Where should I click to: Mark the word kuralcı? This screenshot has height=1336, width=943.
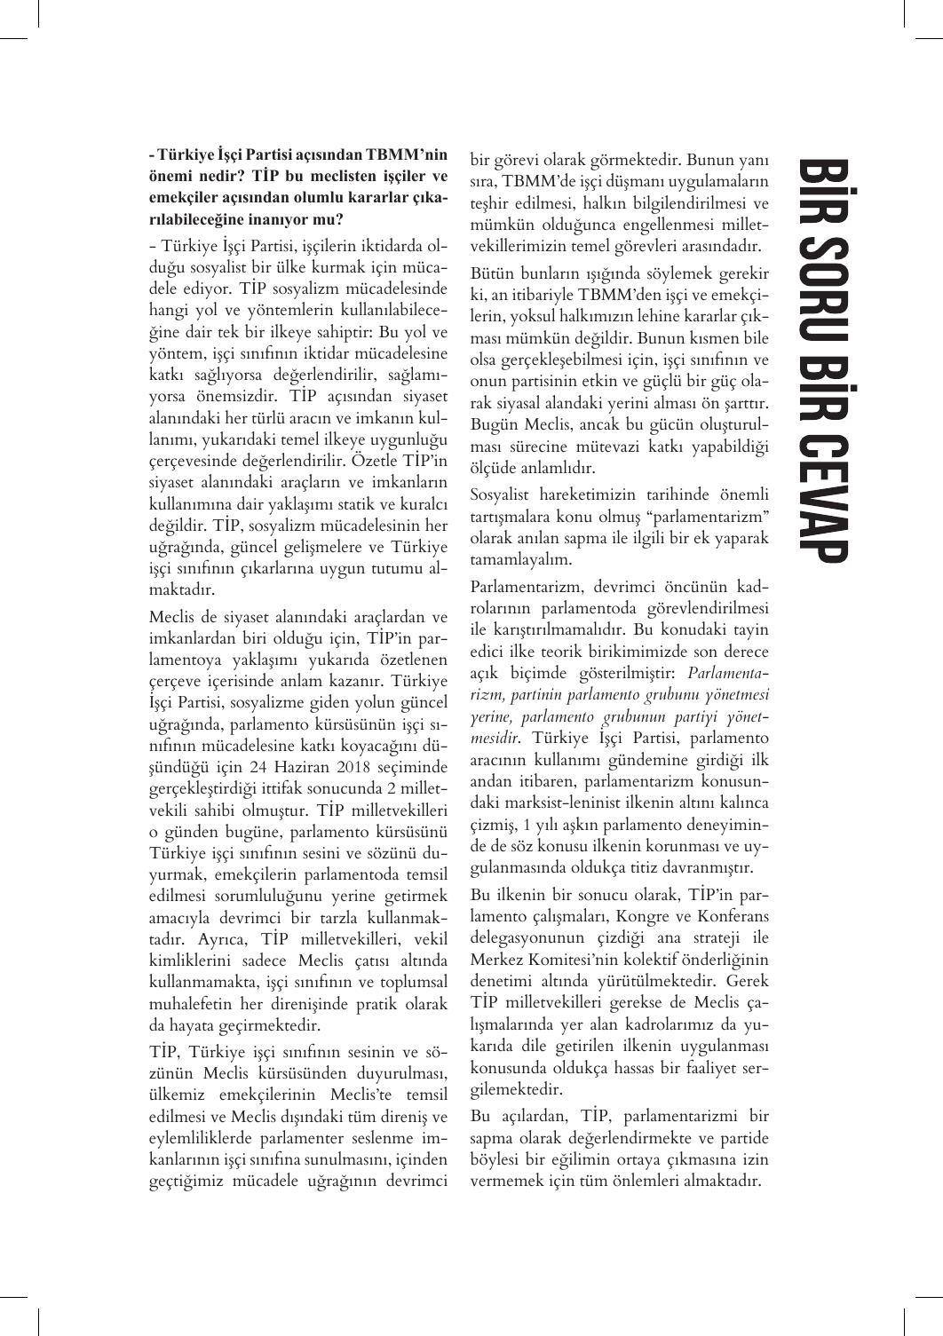click(424, 504)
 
